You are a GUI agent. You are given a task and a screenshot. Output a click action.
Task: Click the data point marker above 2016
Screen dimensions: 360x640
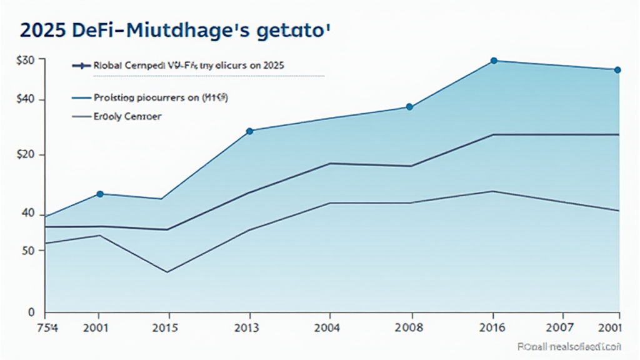point(494,61)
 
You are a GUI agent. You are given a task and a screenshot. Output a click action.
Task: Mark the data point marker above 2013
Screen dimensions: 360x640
point(249,131)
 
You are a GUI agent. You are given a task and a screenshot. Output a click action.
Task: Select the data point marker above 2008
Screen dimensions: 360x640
point(409,107)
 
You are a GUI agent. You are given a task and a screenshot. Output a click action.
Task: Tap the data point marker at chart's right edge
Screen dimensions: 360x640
point(617,70)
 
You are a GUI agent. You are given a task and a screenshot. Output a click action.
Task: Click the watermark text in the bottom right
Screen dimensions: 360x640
point(569,346)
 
